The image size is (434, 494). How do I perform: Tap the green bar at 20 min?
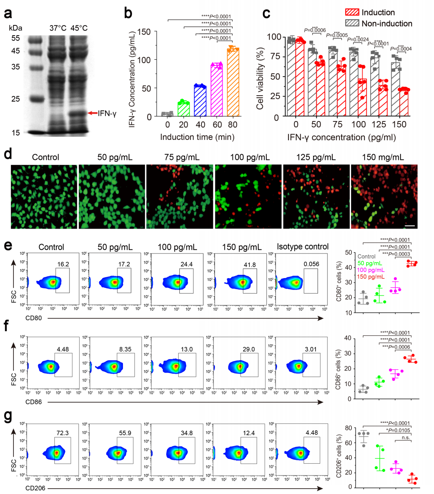pos(183,109)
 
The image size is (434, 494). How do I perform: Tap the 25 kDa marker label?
pos(15,99)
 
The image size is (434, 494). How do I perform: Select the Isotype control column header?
pos(302,247)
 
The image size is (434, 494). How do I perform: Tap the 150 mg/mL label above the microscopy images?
pos(384,157)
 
